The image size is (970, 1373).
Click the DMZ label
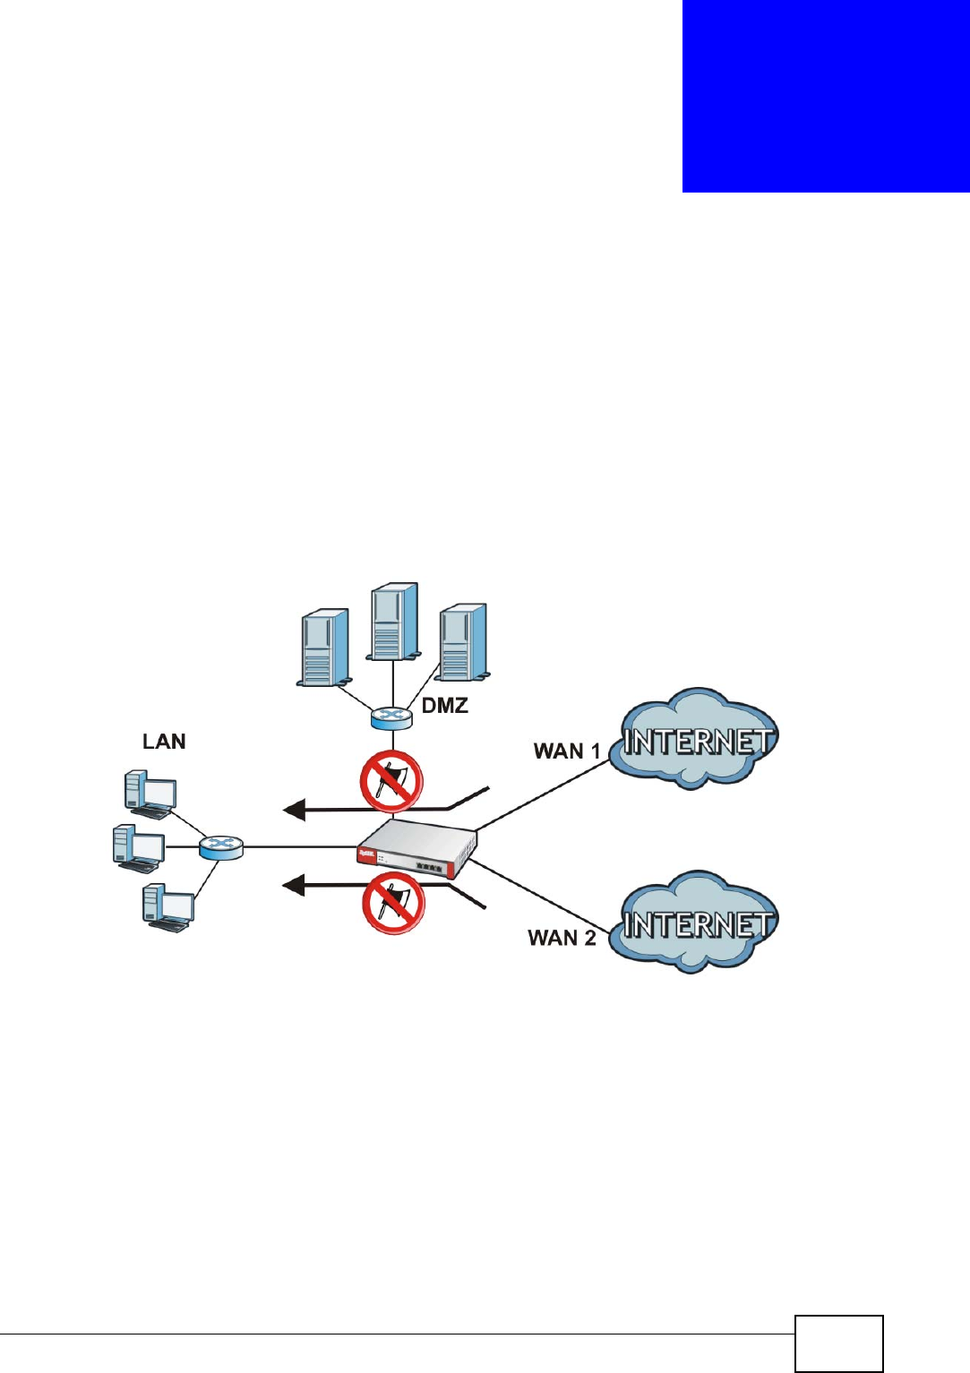tap(444, 706)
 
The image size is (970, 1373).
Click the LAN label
tap(164, 742)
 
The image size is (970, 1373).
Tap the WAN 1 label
tap(566, 751)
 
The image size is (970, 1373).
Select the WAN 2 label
tap(562, 938)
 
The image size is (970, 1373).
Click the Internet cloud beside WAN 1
tap(694, 740)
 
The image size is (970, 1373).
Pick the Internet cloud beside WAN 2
tap(695, 922)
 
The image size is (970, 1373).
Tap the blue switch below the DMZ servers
tap(391, 717)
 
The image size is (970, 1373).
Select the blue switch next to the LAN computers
tap(220, 846)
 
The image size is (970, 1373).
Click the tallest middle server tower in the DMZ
tap(394, 622)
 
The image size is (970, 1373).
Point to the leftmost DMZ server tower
tap(324, 648)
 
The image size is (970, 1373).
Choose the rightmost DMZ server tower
tap(463, 642)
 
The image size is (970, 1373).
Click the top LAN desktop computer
tap(150, 794)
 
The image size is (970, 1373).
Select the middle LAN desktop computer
tap(139, 848)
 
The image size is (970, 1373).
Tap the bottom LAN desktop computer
tap(167, 907)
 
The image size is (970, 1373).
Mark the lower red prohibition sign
tap(393, 904)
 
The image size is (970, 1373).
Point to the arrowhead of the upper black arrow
tap(294, 811)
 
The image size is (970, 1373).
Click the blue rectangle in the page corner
tap(826, 96)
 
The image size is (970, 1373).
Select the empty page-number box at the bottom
tap(838, 1343)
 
